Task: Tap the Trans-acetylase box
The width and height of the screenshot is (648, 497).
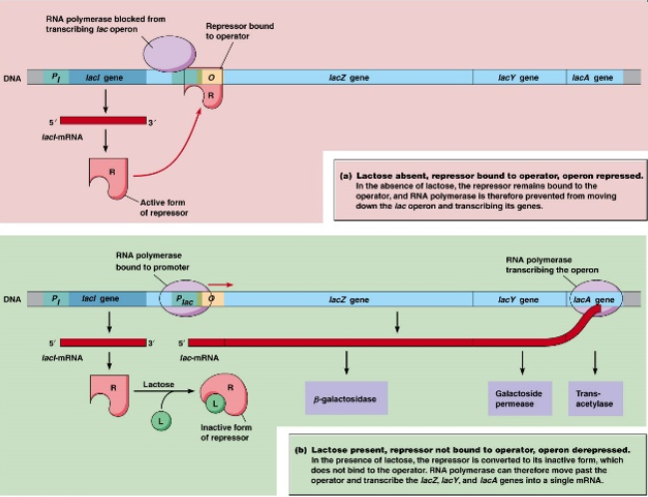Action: (595, 397)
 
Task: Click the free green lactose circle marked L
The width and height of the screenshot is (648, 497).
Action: (160, 421)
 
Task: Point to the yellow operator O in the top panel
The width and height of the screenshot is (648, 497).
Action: (210, 77)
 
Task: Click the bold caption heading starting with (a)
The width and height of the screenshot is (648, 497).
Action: (491, 175)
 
